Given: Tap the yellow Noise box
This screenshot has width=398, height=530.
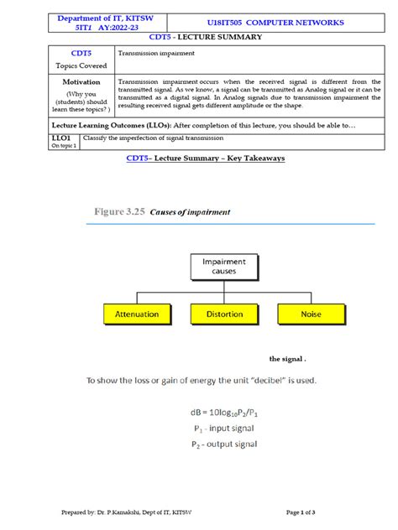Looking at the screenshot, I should pos(311,314).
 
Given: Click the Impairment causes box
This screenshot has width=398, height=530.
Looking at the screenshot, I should pos(224,267).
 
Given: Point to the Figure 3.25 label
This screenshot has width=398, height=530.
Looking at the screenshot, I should pos(117,213).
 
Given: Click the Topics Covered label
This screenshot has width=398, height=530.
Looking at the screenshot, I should pos(81,65).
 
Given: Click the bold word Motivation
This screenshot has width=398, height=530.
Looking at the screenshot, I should pos(81,82).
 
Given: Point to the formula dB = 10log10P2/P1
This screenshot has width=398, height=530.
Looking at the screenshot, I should pos(224,412).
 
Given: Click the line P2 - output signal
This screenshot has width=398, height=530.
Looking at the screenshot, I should pos(224,444).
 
